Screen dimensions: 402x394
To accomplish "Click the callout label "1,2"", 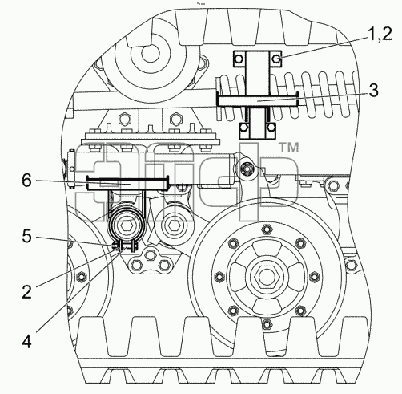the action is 380,35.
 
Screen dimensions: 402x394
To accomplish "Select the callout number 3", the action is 374,91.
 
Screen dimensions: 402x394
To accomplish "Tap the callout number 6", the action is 26,181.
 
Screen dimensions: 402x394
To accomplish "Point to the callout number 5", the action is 26,236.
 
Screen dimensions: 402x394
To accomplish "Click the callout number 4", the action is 26,342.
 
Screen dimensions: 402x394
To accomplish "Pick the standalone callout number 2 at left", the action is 26,291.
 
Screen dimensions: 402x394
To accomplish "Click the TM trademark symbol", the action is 289,148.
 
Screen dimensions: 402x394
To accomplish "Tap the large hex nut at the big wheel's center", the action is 266,277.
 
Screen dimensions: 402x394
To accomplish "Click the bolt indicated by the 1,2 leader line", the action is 276,59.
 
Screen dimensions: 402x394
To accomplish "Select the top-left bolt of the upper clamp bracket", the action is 239,59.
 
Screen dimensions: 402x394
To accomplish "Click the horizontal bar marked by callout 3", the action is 258,101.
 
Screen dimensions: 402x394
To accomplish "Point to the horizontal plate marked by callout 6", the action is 127,184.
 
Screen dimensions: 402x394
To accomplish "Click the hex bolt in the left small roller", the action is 125,226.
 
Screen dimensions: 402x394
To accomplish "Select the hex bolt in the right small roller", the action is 174,226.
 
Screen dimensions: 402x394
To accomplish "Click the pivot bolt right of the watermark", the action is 245,169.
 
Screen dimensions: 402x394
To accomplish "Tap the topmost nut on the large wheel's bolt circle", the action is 266,229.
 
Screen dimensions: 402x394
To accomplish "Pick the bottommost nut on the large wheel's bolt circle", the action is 267,324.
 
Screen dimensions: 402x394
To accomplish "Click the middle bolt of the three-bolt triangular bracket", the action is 151,255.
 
